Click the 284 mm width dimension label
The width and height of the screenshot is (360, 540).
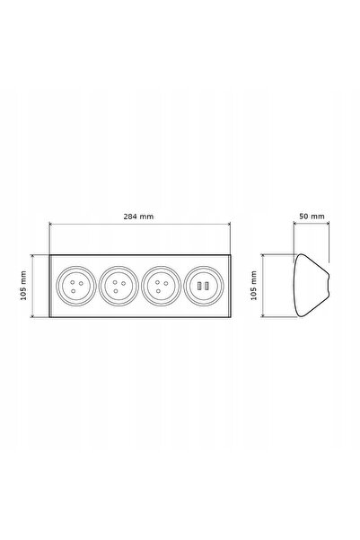click(138, 217)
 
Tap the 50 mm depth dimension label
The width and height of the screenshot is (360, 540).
click(312, 217)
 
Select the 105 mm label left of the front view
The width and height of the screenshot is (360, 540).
click(23, 286)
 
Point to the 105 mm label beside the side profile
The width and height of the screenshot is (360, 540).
click(254, 286)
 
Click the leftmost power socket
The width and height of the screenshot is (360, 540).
click(76, 286)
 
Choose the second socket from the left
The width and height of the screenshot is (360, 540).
click(119, 286)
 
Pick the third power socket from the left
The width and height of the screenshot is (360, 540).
click(161, 286)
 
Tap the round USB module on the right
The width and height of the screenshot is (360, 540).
click(204, 286)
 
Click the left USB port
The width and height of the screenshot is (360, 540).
click(199, 286)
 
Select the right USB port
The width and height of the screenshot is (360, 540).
click(206, 286)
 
